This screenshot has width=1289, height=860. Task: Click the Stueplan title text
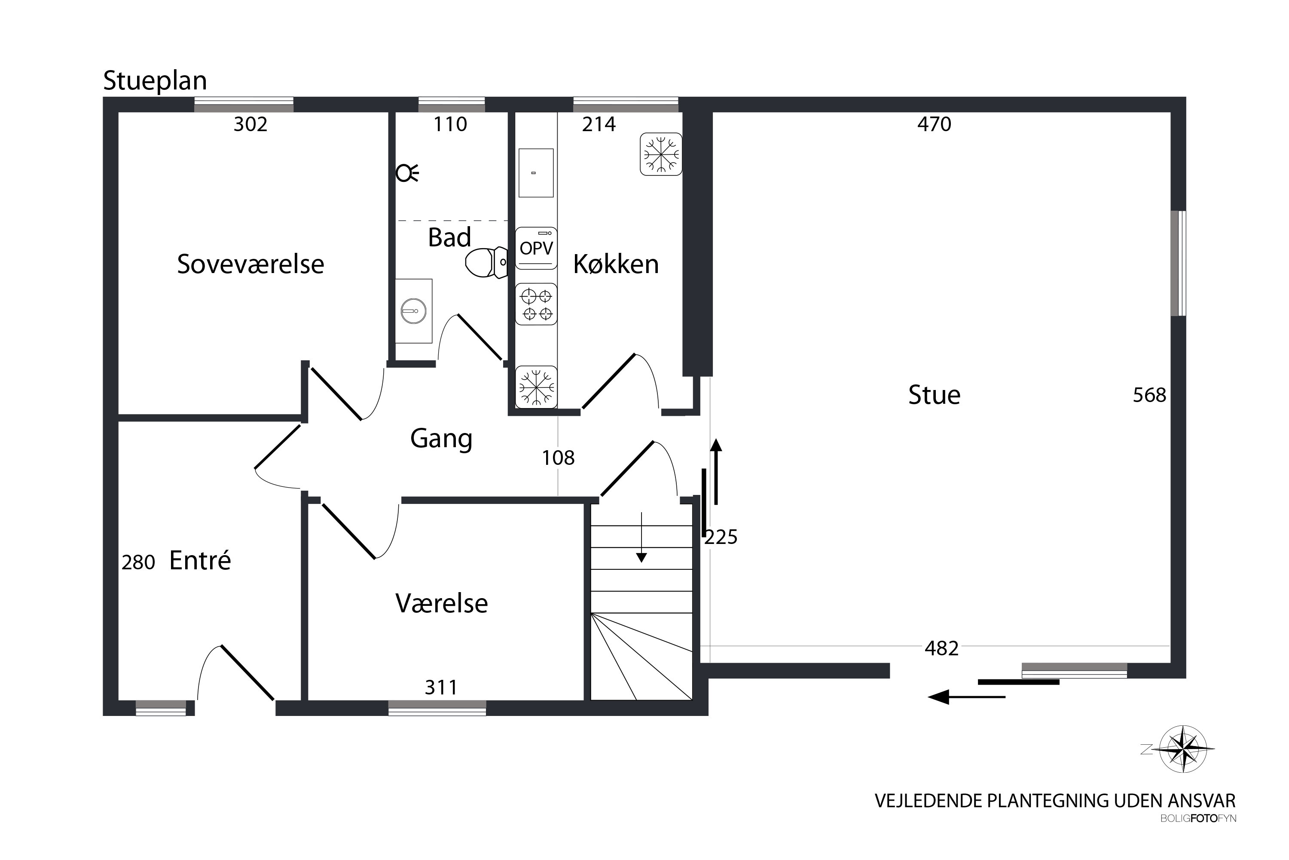[155, 81]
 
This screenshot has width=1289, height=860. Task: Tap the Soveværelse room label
[250, 264]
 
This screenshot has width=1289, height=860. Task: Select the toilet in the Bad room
[486, 263]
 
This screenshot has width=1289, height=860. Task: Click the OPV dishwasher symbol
[536, 249]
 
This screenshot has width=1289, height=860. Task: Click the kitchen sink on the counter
[536, 173]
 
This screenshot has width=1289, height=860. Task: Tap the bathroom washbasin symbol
[413, 311]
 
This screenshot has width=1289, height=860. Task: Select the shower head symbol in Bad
[406, 173]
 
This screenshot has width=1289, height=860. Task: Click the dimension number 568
[1149, 396]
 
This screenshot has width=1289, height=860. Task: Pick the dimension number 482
[941, 649]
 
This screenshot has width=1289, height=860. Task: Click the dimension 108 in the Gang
[558, 458]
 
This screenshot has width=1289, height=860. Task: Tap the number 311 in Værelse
[441, 687]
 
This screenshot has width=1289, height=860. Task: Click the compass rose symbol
[1183, 749]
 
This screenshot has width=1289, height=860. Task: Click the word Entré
[200, 561]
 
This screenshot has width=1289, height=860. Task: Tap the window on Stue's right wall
[1178, 263]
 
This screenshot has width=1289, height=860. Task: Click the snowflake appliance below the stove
[536, 387]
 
